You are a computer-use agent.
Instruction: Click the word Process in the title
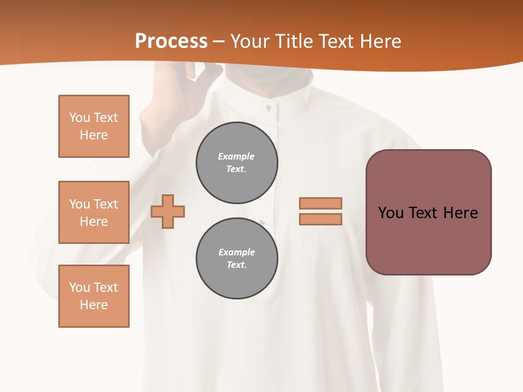click(171, 41)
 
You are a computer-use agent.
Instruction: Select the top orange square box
click(94, 126)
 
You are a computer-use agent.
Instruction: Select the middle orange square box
click(94, 212)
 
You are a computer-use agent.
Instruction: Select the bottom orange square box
click(94, 296)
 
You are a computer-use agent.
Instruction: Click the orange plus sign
click(168, 211)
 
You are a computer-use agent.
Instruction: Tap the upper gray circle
click(236, 162)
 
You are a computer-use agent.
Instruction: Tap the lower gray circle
click(236, 258)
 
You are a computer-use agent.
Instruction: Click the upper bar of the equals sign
click(320, 203)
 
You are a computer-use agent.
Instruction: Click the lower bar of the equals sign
click(320, 219)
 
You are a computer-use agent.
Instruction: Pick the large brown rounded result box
click(428, 212)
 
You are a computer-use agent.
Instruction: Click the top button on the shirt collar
click(268, 108)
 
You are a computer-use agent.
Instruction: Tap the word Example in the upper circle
click(236, 156)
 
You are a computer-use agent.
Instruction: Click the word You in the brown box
click(391, 213)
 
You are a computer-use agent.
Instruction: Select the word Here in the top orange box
click(94, 135)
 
